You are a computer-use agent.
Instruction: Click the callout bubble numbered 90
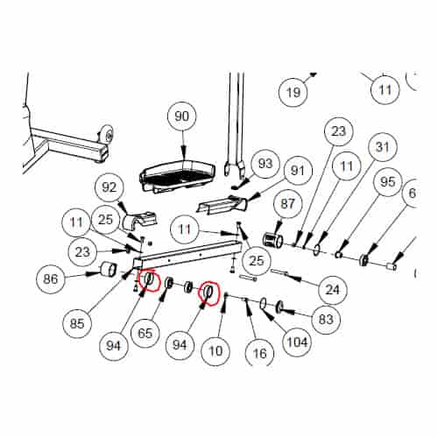click(x=181, y=117)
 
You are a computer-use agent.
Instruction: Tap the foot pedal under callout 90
click(x=178, y=176)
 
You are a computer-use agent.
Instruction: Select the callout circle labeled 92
click(x=109, y=187)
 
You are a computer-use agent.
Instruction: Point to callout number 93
click(x=265, y=164)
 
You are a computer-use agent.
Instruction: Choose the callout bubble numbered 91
click(x=298, y=171)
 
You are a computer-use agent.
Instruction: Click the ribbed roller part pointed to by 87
click(x=273, y=241)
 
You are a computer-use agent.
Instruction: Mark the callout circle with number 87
click(x=287, y=204)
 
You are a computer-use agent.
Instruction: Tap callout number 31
click(x=383, y=147)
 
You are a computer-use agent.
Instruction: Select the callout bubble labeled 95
click(x=387, y=182)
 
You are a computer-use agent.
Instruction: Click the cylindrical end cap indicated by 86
click(x=109, y=269)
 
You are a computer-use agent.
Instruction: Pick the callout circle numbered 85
click(x=77, y=323)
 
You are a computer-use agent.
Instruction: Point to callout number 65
click(x=145, y=333)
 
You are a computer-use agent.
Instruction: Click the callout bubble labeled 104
click(x=297, y=342)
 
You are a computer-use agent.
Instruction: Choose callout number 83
click(x=326, y=319)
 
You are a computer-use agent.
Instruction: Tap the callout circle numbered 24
click(x=332, y=290)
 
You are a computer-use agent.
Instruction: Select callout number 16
click(x=259, y=354)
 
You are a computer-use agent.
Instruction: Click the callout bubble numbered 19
click(x=293, y=93)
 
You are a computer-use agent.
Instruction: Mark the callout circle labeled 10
click(x=215, y=350)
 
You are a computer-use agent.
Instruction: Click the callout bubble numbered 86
click(x=51, y=279)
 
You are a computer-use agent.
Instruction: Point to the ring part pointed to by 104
click(x=263, y=303)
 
